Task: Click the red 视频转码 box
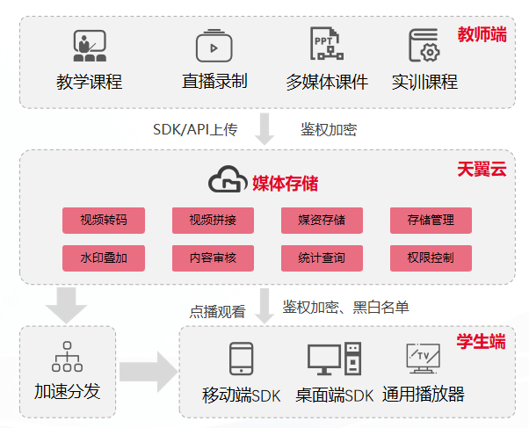(x=103, y=220)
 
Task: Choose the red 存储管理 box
(x=431, y=220)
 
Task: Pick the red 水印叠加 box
(x=103, y=258)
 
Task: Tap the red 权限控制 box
(x=431, y=258)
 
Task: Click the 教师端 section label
(x=482, y=35)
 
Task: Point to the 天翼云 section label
(x=482, y=169)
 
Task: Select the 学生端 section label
(x=482, y=341)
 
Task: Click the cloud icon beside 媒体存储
(x=227, y=182)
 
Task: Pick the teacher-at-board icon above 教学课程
(x=90, y=46)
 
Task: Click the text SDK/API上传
(x=195, y=130)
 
